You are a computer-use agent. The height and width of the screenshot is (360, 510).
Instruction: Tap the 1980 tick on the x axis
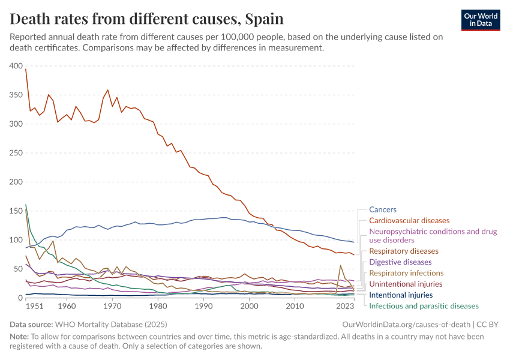tap(158, 306)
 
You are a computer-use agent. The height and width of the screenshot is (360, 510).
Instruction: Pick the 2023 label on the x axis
tap(345, 306)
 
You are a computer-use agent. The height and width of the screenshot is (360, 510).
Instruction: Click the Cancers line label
tap(383, 209)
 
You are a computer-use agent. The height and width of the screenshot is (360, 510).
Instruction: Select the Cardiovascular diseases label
tap(409, 221)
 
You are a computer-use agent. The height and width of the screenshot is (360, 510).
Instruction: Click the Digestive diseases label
tap(400, 262)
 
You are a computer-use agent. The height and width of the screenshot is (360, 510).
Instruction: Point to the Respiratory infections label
tap(406, 273)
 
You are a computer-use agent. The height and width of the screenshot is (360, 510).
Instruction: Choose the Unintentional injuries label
tap(406, 284)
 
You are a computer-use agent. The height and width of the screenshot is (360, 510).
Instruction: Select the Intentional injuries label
tap(401, 295)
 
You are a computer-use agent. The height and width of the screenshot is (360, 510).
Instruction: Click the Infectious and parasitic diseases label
tap(424, 306)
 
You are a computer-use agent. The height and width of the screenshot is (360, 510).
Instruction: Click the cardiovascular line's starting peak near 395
tap(26, 69)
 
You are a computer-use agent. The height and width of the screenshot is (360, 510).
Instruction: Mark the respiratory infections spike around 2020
tap(341, 265)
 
